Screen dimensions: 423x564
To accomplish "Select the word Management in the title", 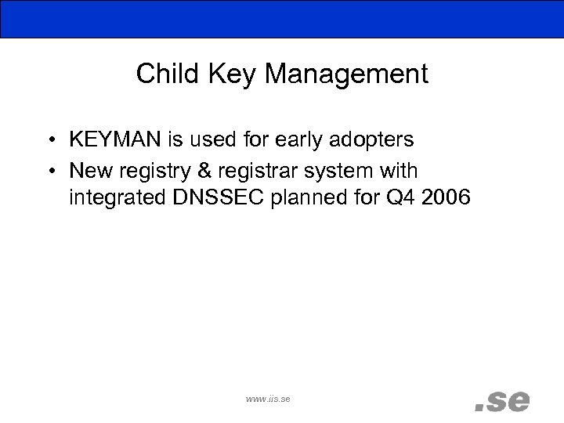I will tap(346, 74).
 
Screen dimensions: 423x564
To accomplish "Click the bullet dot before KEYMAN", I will tap(49, 141).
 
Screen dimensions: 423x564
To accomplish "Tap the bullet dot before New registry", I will tap(49, 170).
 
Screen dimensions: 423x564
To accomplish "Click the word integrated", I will tap(119, 198).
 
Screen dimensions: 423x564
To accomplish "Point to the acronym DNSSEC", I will tap(222, 198).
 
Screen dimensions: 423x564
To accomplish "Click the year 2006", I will tap(445, 198).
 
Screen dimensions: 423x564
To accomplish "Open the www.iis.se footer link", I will tap(268, 399).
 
